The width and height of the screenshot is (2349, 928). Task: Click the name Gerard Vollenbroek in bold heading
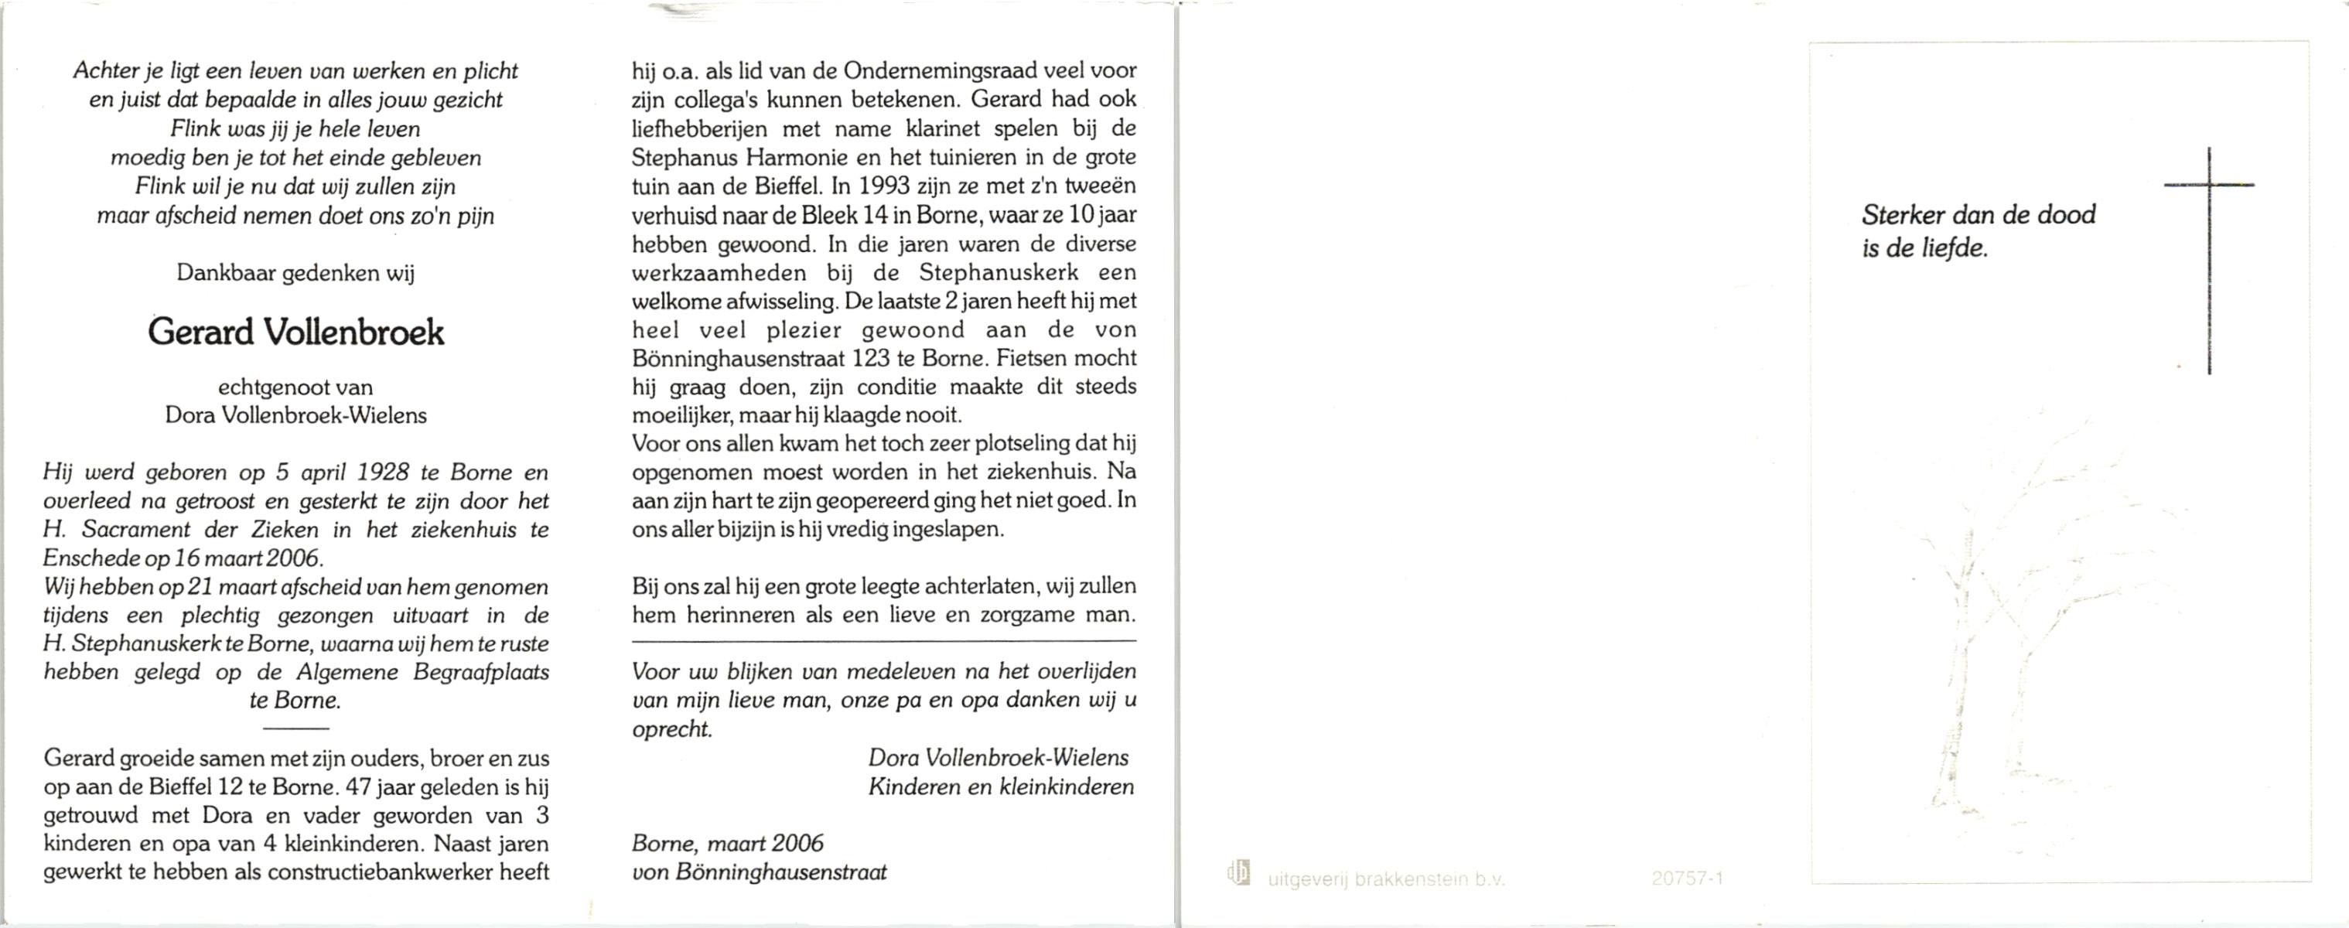pyautogui.click(x=295, y=333)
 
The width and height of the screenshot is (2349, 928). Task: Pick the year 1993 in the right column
pyautogui.click(x=883, y=186)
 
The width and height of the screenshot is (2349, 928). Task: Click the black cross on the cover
pyautogui.click(x=2208, y=260)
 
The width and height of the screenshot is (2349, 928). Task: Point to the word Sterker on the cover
pyautogui.click(x=1901, y=215)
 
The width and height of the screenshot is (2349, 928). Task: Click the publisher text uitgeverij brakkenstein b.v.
pyautogui.click(x=1385, y=880)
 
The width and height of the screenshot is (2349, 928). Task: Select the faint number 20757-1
pyautogui.click(x=1687, y=879)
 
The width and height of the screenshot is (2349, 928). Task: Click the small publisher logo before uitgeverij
pyautogui.click(x=1239, y=873)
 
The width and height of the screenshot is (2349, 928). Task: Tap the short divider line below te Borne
pyautogui.click(x=295, y=728)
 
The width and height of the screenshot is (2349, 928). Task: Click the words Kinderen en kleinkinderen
pyautogui.click(x=1000, y=786)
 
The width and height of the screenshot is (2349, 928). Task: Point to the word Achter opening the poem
pyautogui.click(x=105, y=71)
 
